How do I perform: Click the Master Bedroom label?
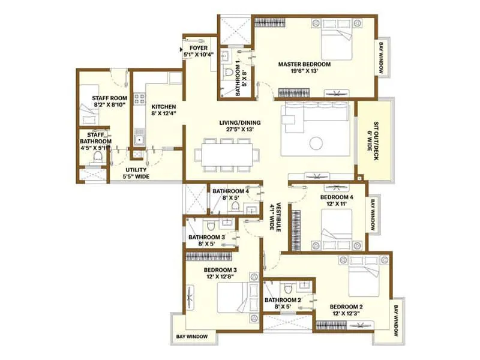tap(304, 64)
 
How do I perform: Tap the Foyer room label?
tap(199, 47)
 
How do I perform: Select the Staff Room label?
tap(109, 98)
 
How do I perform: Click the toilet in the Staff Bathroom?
tap(98, 158)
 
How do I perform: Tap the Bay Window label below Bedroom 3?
tap(192, 337)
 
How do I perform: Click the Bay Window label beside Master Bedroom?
tap(380, 58)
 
